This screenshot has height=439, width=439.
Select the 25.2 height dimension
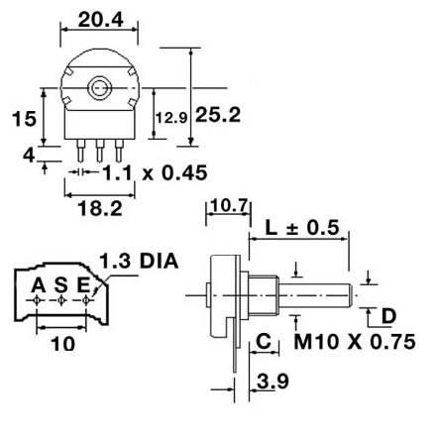pyautogui.click(x=218, y=115)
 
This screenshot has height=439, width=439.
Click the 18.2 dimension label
pyautogui.click(x=99, y=209)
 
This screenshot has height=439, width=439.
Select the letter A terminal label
pyautogui.click(x=39, y=286)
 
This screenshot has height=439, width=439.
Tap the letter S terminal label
pyautogui.click(x=61, y=286)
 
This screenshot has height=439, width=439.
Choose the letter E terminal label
pyautogui.click(x=85, y=286)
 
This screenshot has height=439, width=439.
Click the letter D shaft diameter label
pyautogui.click(x=388, y=316)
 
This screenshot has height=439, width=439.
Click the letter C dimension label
pyautogui.click(x=264, y=342)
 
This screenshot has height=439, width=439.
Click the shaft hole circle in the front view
pyautogui.click(x=99, y=88)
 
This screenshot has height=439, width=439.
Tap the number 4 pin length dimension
pyautogui.click(x=29, y=155)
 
